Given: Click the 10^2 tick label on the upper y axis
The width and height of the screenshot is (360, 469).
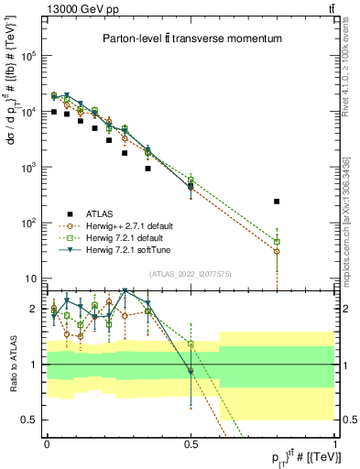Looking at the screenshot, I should click(x=28, y=224).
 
